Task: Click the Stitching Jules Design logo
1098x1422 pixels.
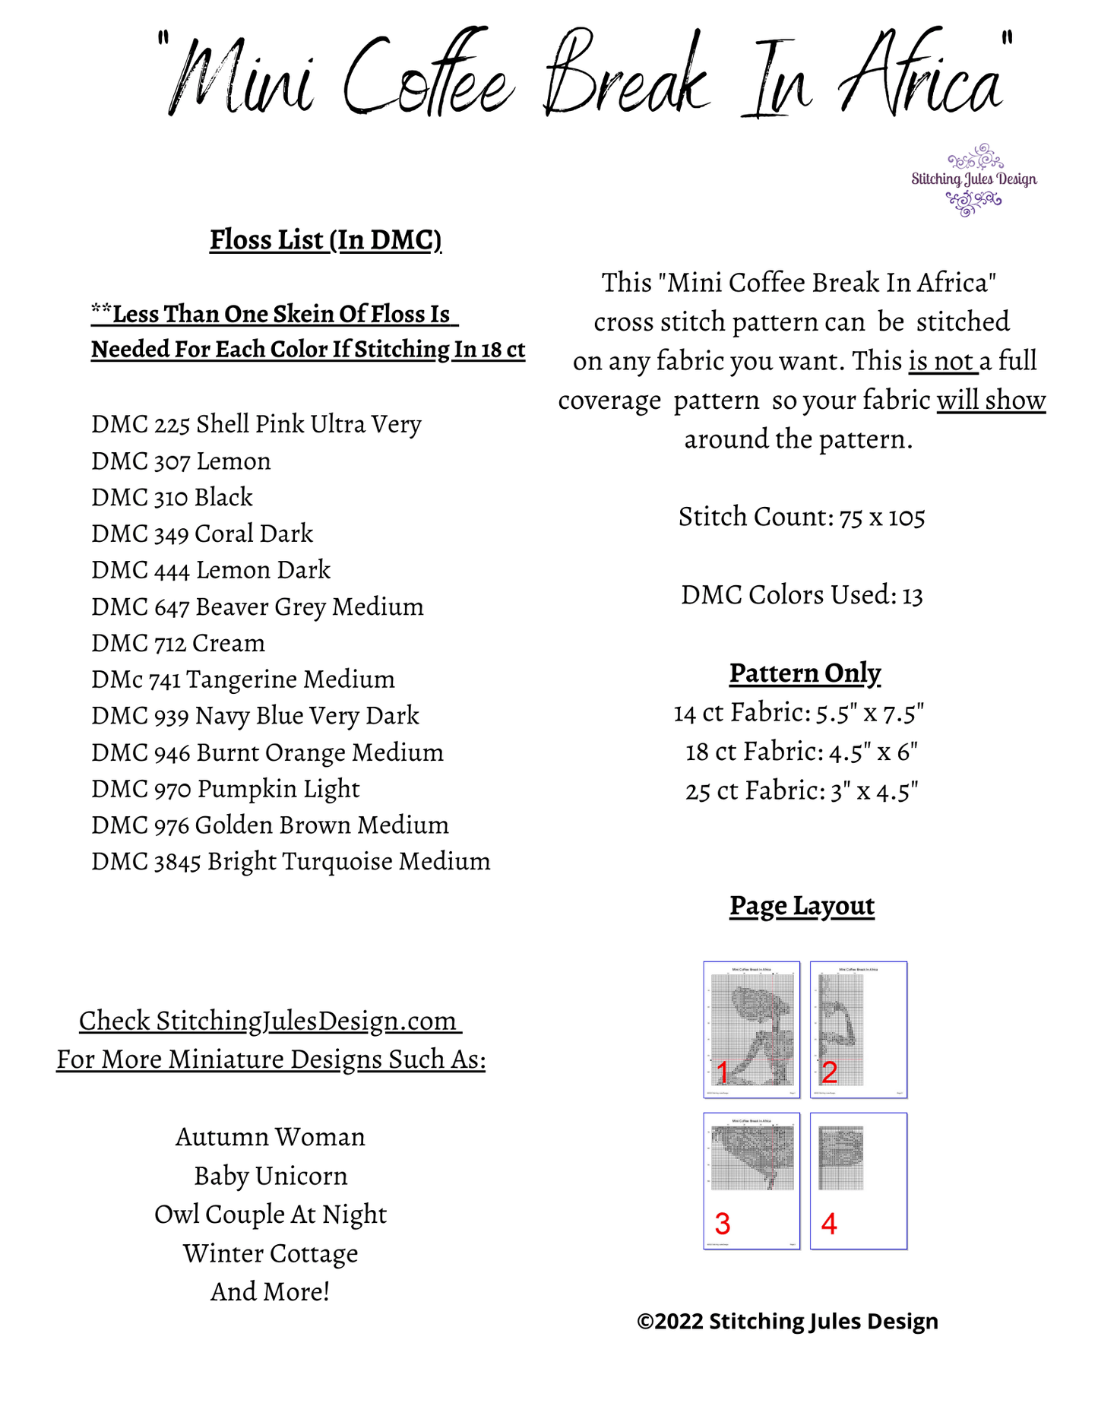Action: (x=973, y=180)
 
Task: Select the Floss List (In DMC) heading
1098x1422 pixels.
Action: (x=325, y=239)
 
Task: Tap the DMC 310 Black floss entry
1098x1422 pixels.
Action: (x=172, y=497)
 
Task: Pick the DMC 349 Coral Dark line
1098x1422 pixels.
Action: (x=202, y=534)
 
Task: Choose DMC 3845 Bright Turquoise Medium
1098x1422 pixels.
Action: (x=290, y=861)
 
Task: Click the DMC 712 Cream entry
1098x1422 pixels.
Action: (x=178, y=643)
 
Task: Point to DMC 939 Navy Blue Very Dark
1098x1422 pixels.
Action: (x=255, y=715)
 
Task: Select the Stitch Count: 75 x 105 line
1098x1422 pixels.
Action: (x=802, y=517)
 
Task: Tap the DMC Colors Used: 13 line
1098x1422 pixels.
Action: (x=802, y=595)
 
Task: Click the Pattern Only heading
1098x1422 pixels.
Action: (x=805, y=673)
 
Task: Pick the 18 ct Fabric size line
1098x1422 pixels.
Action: (x=802, y=752)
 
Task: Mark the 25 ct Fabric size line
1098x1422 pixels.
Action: (x=802, y=791)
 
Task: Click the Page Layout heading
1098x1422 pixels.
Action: (x=802, y=905)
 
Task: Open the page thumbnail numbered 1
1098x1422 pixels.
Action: (x=752, y=1029)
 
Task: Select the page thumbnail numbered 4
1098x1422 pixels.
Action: (x=859, y=1181)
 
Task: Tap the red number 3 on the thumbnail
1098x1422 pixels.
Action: (x=723, y=1224)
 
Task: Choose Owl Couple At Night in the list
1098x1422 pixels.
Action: (x=271, y=1215)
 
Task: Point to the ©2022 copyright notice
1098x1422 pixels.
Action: (x=787, y=1322)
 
